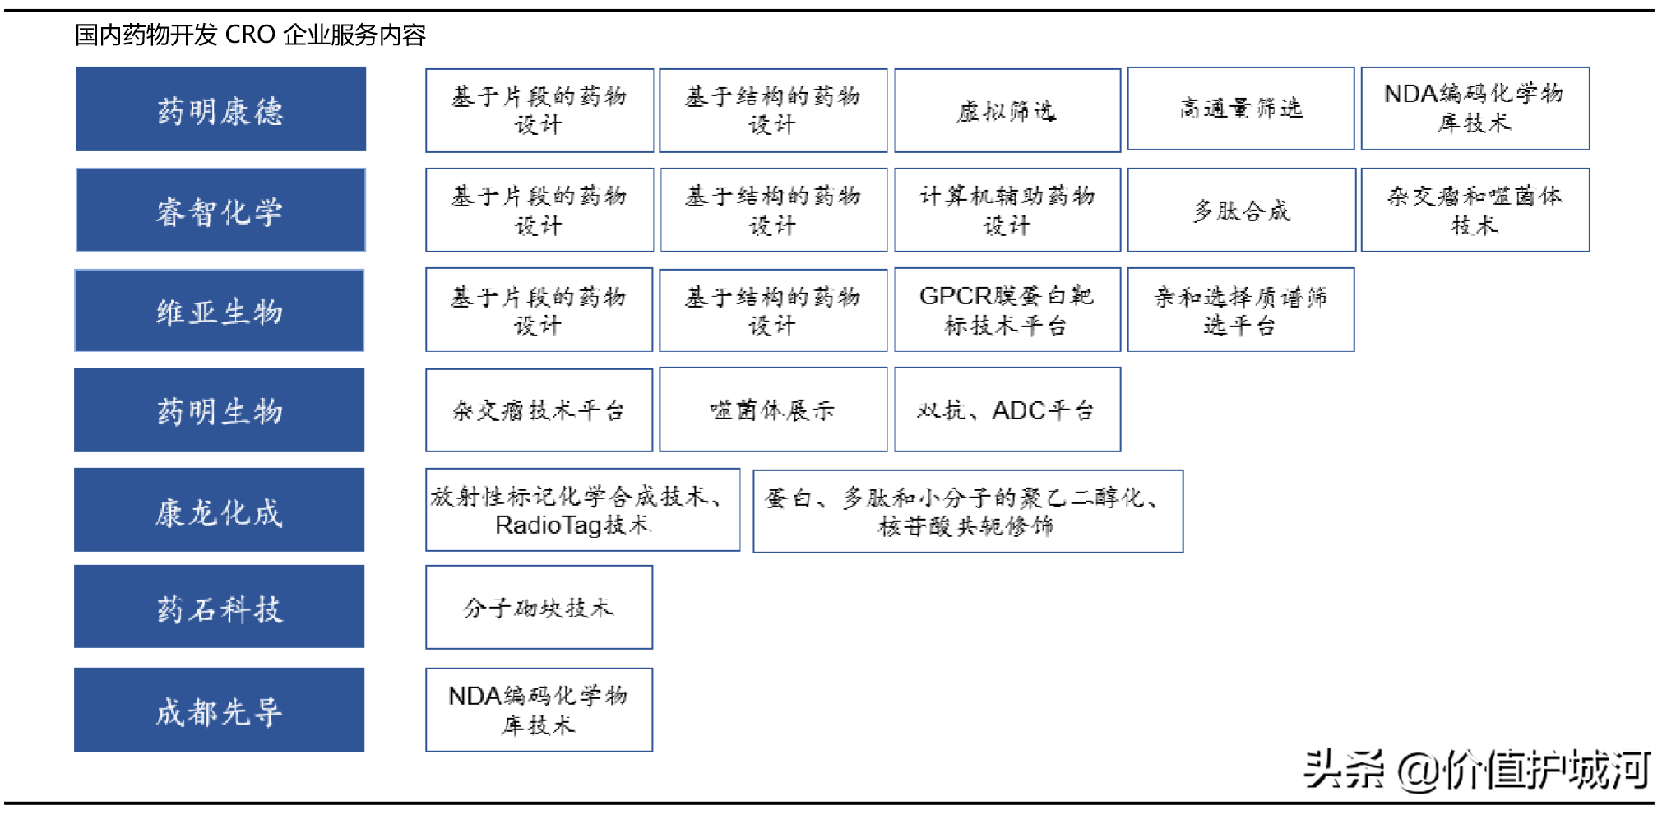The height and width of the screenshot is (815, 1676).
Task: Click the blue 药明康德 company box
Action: click(220, 109)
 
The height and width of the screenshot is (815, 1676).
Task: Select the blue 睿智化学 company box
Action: click(220, 210)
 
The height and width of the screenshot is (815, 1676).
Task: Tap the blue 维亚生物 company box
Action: click(220, 311)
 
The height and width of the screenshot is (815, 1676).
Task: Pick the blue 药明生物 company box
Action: click(220, 410)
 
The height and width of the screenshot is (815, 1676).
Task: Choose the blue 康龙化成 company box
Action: click(220, 510)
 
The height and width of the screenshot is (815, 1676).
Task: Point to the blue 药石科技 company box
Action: click(220, 607)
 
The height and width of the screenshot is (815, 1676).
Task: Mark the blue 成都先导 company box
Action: click(220, 710)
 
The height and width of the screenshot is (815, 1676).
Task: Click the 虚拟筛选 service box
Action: click(1007, 110)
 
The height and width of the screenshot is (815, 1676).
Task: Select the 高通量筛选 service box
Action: click(1241, 109)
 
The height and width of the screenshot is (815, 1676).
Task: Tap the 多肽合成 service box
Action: click(1242, 210)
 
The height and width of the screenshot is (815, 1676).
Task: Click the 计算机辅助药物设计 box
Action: click(1007, 210)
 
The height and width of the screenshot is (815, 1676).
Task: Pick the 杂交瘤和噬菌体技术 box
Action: click(1475, 210)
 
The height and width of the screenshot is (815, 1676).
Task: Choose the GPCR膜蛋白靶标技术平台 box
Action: click(1007, 310)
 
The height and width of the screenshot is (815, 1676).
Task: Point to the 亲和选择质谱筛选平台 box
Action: click(1241, 310)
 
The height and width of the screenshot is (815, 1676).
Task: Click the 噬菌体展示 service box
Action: click(773, 410)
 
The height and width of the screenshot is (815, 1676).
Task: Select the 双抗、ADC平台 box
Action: click(1007, 410)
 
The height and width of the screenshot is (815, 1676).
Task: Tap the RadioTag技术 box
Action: click(583, 510)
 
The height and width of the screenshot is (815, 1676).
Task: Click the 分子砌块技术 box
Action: click(539, 607)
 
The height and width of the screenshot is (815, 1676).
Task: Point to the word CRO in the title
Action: click(250, 35)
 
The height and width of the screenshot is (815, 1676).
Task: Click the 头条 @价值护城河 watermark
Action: click(1476, 770)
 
